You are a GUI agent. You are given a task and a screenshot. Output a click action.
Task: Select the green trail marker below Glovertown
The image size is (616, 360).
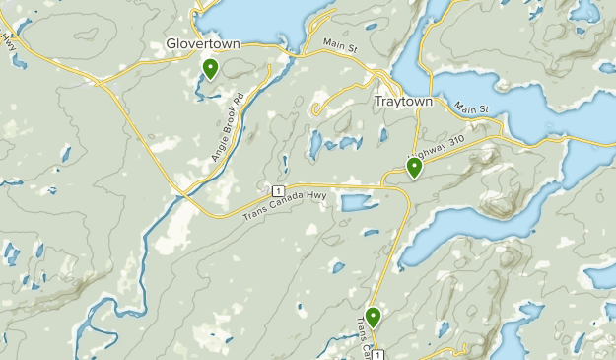click(x=210, y=68)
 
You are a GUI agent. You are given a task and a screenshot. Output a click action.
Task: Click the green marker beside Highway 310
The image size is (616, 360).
click(x=415, y=168)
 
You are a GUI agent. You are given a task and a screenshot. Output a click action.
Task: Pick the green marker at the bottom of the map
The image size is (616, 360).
click(x=374, y=317)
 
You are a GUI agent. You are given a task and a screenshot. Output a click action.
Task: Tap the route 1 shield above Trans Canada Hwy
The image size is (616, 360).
click(x=279, y=189)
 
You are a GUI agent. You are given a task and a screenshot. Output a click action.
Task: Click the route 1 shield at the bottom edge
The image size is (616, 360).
click(x=378, y=353)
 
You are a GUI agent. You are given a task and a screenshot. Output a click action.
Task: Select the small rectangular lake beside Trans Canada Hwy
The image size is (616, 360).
click(x=357, y=203)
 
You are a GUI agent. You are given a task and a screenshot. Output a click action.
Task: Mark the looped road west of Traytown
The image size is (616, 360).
click(x=335, y=99)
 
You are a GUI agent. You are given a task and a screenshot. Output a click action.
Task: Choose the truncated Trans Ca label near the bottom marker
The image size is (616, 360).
click(x=362, y=337)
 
